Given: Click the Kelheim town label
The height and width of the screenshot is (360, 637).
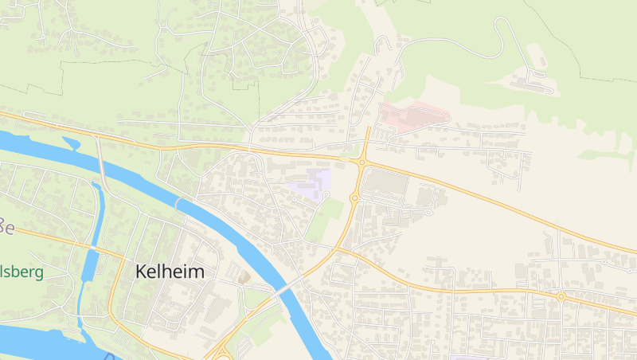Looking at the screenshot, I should click(170, 272).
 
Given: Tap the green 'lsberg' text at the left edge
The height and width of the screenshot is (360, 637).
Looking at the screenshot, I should click(21, 272).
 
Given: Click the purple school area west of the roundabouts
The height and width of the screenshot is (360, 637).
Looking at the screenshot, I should click(311, 184).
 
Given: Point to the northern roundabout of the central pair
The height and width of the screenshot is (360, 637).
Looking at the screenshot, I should click(361, 162).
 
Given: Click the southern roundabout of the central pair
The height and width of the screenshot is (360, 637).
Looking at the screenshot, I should click(354, 198).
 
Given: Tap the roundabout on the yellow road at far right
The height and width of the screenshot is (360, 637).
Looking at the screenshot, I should click(561, 296).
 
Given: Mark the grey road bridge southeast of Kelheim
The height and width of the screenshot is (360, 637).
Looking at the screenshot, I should click(286, 289).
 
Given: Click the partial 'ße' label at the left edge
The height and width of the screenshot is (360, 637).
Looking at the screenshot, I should click(6, 226).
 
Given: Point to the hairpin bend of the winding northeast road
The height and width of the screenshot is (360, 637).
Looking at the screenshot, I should click(501, 23).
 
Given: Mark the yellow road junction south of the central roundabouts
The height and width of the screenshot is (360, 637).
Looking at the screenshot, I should click(338, 249).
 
